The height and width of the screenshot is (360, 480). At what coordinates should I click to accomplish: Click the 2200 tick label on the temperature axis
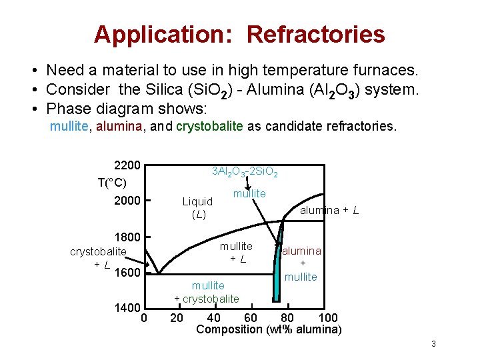(127, 165)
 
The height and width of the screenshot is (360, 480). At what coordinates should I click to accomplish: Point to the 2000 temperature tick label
(127, 201)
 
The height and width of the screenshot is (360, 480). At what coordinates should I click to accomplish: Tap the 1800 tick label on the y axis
(127, 237)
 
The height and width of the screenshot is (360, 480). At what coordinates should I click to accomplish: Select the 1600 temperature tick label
(127, 273)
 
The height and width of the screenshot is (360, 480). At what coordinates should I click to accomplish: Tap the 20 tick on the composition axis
(177, 317)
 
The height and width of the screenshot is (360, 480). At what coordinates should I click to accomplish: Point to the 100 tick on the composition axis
(329, 317)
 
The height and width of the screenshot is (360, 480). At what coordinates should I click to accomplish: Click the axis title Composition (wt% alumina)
(269, 329)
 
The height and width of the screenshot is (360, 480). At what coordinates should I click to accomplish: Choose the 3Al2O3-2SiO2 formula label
(245, 172)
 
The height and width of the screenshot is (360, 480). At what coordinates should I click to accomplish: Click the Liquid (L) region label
(198, 207)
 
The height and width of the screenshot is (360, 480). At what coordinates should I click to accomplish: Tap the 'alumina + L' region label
(329, 211)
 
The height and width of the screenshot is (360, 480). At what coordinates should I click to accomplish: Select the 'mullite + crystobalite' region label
(207, 292)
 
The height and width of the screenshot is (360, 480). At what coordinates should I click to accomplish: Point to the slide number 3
(433, 344)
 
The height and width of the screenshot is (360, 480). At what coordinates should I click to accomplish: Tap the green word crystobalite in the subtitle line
(209, 127)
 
